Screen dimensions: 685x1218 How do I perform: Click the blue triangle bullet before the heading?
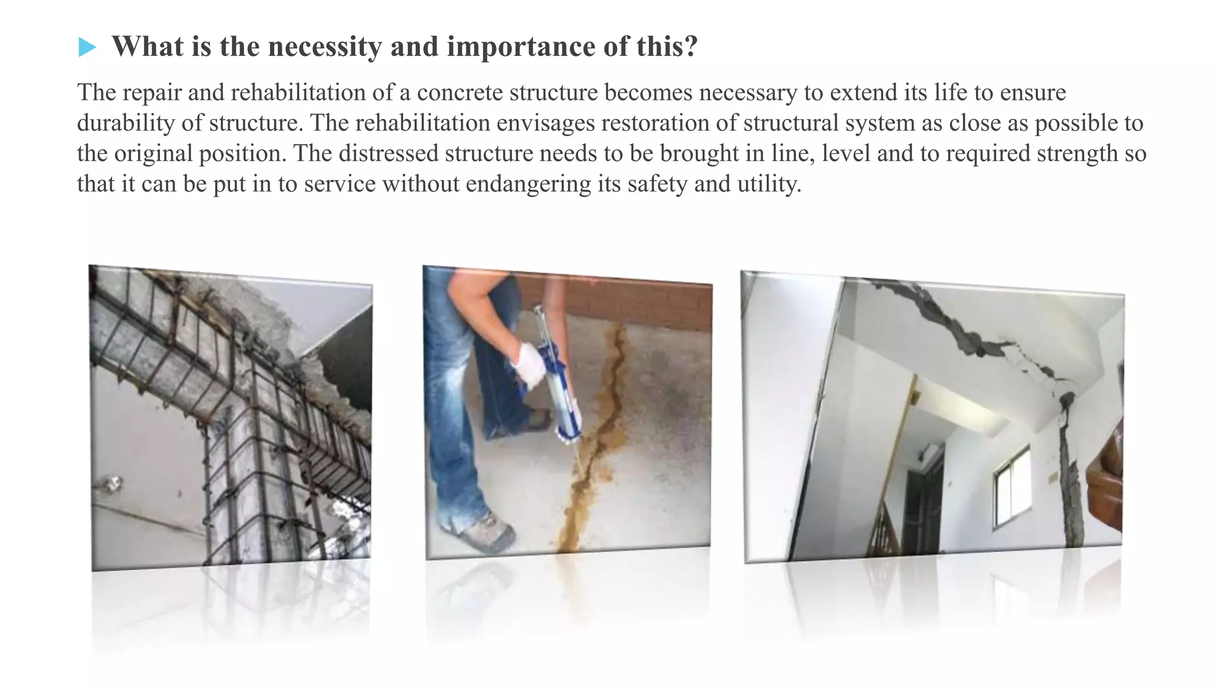(x=87, y=47)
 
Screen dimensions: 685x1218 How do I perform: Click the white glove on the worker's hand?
(x=529, y=365)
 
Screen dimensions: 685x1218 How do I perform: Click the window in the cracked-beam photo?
(x=1012, y=488)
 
